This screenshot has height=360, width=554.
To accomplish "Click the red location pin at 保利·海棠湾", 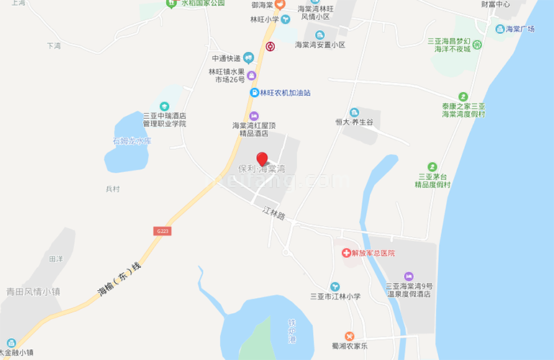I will (x=262, y=159).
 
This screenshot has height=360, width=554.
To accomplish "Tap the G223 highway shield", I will (x=163, y=230).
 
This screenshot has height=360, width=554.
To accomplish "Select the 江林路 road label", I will (x=274, y=214).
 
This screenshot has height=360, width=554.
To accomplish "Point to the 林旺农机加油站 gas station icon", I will (x=253, y=93).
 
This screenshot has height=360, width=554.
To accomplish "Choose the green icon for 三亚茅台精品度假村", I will (x=432, y=166).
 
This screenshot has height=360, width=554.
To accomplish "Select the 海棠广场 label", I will (x=519, y=29).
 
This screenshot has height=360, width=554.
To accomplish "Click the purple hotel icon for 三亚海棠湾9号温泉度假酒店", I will (x=408, y=276).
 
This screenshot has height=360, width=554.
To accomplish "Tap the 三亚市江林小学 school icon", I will (x=335, y=287).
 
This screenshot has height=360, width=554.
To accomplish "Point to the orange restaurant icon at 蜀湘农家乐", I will (x=349, y=336).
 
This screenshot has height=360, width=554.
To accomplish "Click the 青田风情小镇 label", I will (x=32, y=292).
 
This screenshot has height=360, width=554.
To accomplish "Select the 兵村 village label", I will (x=112, y=189).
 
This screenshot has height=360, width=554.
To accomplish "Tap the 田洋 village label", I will (x=56, y=258).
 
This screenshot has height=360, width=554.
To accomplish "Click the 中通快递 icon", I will (x=248, y=58).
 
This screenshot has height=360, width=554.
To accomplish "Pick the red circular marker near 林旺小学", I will (x=270, y=47).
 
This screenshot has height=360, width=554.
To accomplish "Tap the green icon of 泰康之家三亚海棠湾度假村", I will (x=463, y=96).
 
